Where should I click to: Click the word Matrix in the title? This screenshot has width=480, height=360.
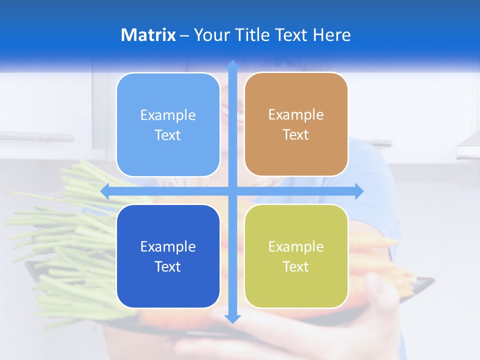tap(148, 35)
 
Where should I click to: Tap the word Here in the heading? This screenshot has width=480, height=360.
tap(331, 35)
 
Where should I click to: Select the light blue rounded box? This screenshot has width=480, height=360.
tap(168, 150)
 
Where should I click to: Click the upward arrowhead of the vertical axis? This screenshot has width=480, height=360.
tap(232, 65)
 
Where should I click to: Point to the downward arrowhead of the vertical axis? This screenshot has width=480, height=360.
tap(232, 318)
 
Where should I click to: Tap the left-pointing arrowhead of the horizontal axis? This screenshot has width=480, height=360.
tap(105, 191)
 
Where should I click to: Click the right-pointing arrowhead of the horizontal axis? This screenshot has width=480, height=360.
tap(359, 191)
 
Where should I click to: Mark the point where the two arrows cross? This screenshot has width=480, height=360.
tap(232, 191)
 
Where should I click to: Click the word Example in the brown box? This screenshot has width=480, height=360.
tap(296, 115)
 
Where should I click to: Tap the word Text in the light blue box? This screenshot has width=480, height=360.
tap(167, 135)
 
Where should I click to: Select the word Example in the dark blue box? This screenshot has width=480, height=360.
tap(168, 246)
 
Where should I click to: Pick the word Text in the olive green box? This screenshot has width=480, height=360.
tap(295, 267)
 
